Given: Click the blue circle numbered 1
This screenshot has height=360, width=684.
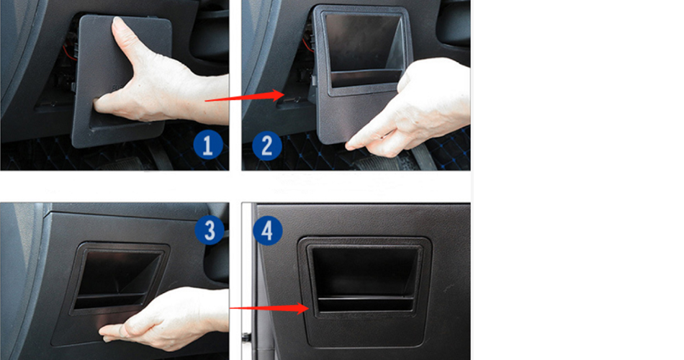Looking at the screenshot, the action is pos(207,145).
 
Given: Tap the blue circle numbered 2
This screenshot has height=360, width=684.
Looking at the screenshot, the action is pos(267,145).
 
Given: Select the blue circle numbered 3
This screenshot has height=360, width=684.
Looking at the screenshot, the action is pos(210,230).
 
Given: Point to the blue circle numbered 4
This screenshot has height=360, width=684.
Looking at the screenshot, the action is pos(267,231).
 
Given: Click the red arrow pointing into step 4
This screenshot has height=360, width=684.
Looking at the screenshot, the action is pos(269,308).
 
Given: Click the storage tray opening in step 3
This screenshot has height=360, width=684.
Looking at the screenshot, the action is pos(118,277).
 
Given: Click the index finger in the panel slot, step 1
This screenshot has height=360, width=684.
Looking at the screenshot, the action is pos(104,104).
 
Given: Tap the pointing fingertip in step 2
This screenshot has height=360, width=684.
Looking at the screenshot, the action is pos(351,145).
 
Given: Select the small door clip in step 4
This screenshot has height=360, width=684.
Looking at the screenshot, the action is pos(246,337).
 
